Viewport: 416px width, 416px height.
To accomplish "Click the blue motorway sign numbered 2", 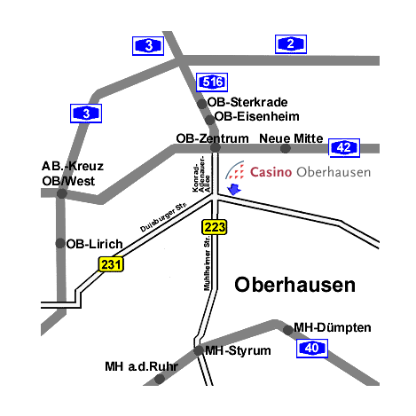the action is (291, 44).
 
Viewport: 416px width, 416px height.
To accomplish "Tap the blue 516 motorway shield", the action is (212, 82).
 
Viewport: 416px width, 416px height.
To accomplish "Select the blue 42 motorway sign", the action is (344, 148).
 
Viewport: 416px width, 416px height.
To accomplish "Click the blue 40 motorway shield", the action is (312, 349).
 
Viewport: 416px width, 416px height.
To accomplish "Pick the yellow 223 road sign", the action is (215, 227).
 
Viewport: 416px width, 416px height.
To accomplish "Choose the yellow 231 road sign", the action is (111, 264).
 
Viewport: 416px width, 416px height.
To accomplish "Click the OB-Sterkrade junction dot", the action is (202, 104).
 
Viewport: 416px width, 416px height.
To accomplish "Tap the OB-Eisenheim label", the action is (257, 116).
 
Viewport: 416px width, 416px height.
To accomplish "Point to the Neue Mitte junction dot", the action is (286, 148).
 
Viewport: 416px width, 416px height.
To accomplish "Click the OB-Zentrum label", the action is (212, 138).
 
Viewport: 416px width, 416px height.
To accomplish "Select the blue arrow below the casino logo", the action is (234, 189).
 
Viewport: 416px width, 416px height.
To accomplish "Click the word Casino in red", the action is (271, 172).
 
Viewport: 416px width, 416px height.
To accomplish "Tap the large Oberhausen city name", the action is (294, 285).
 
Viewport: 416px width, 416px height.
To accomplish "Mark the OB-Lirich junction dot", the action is (60, 243).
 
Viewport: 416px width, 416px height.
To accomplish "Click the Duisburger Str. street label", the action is (163, 217).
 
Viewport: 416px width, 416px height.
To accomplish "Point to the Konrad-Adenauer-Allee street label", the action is (201, 175).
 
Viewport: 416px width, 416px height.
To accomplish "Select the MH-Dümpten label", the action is (333, 327).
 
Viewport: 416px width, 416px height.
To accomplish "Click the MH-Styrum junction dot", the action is (199, 350).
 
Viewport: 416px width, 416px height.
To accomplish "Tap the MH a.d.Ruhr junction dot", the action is (160, 379).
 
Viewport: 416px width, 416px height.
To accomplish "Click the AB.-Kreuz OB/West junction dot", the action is (62, 193).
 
